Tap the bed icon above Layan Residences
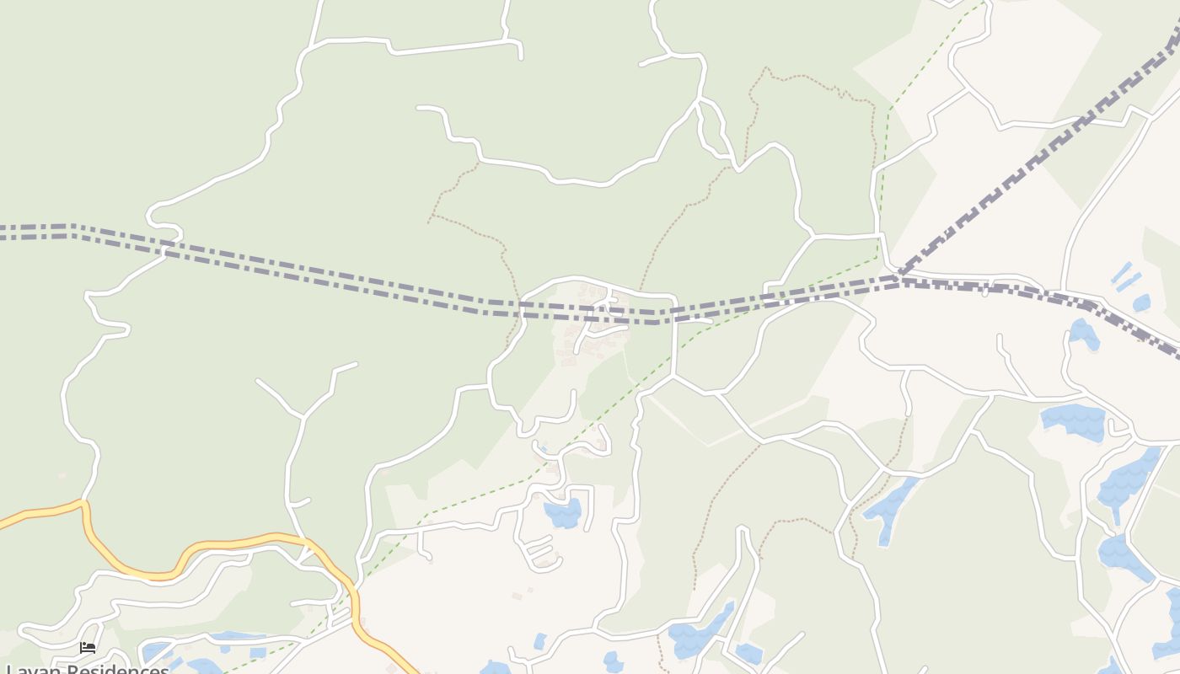88,648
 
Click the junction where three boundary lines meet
898,277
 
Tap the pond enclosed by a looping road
562,512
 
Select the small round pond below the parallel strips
1142,302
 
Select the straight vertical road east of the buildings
675,337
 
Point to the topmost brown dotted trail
809,80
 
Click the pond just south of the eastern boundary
1083,334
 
